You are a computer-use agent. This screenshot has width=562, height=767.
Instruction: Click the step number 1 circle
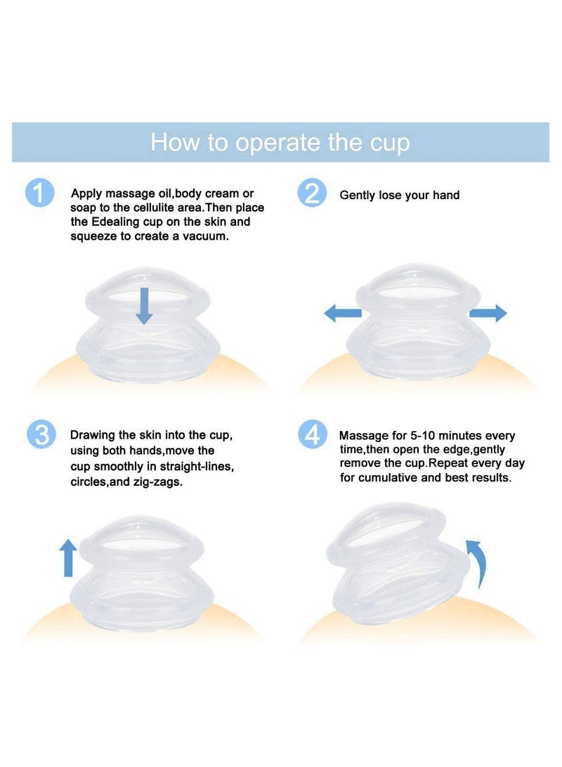tap(39, 193)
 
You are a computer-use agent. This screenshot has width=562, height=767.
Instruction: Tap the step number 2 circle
tap(312, 193)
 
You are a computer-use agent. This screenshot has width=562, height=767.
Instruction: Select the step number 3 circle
tap(40, 434)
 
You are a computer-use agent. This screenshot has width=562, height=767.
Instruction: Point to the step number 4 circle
tap(312, 434)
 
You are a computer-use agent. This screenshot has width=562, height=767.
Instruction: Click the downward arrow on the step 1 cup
tap(143, 305)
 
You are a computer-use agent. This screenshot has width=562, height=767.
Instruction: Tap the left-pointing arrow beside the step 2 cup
tap(342, 314)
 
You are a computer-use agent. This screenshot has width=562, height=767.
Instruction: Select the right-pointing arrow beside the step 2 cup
tap(488, 314)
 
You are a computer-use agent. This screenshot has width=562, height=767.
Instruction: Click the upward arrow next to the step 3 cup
tap(68, 557)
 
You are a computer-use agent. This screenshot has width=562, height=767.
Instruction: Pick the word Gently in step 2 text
tap(358, 195)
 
